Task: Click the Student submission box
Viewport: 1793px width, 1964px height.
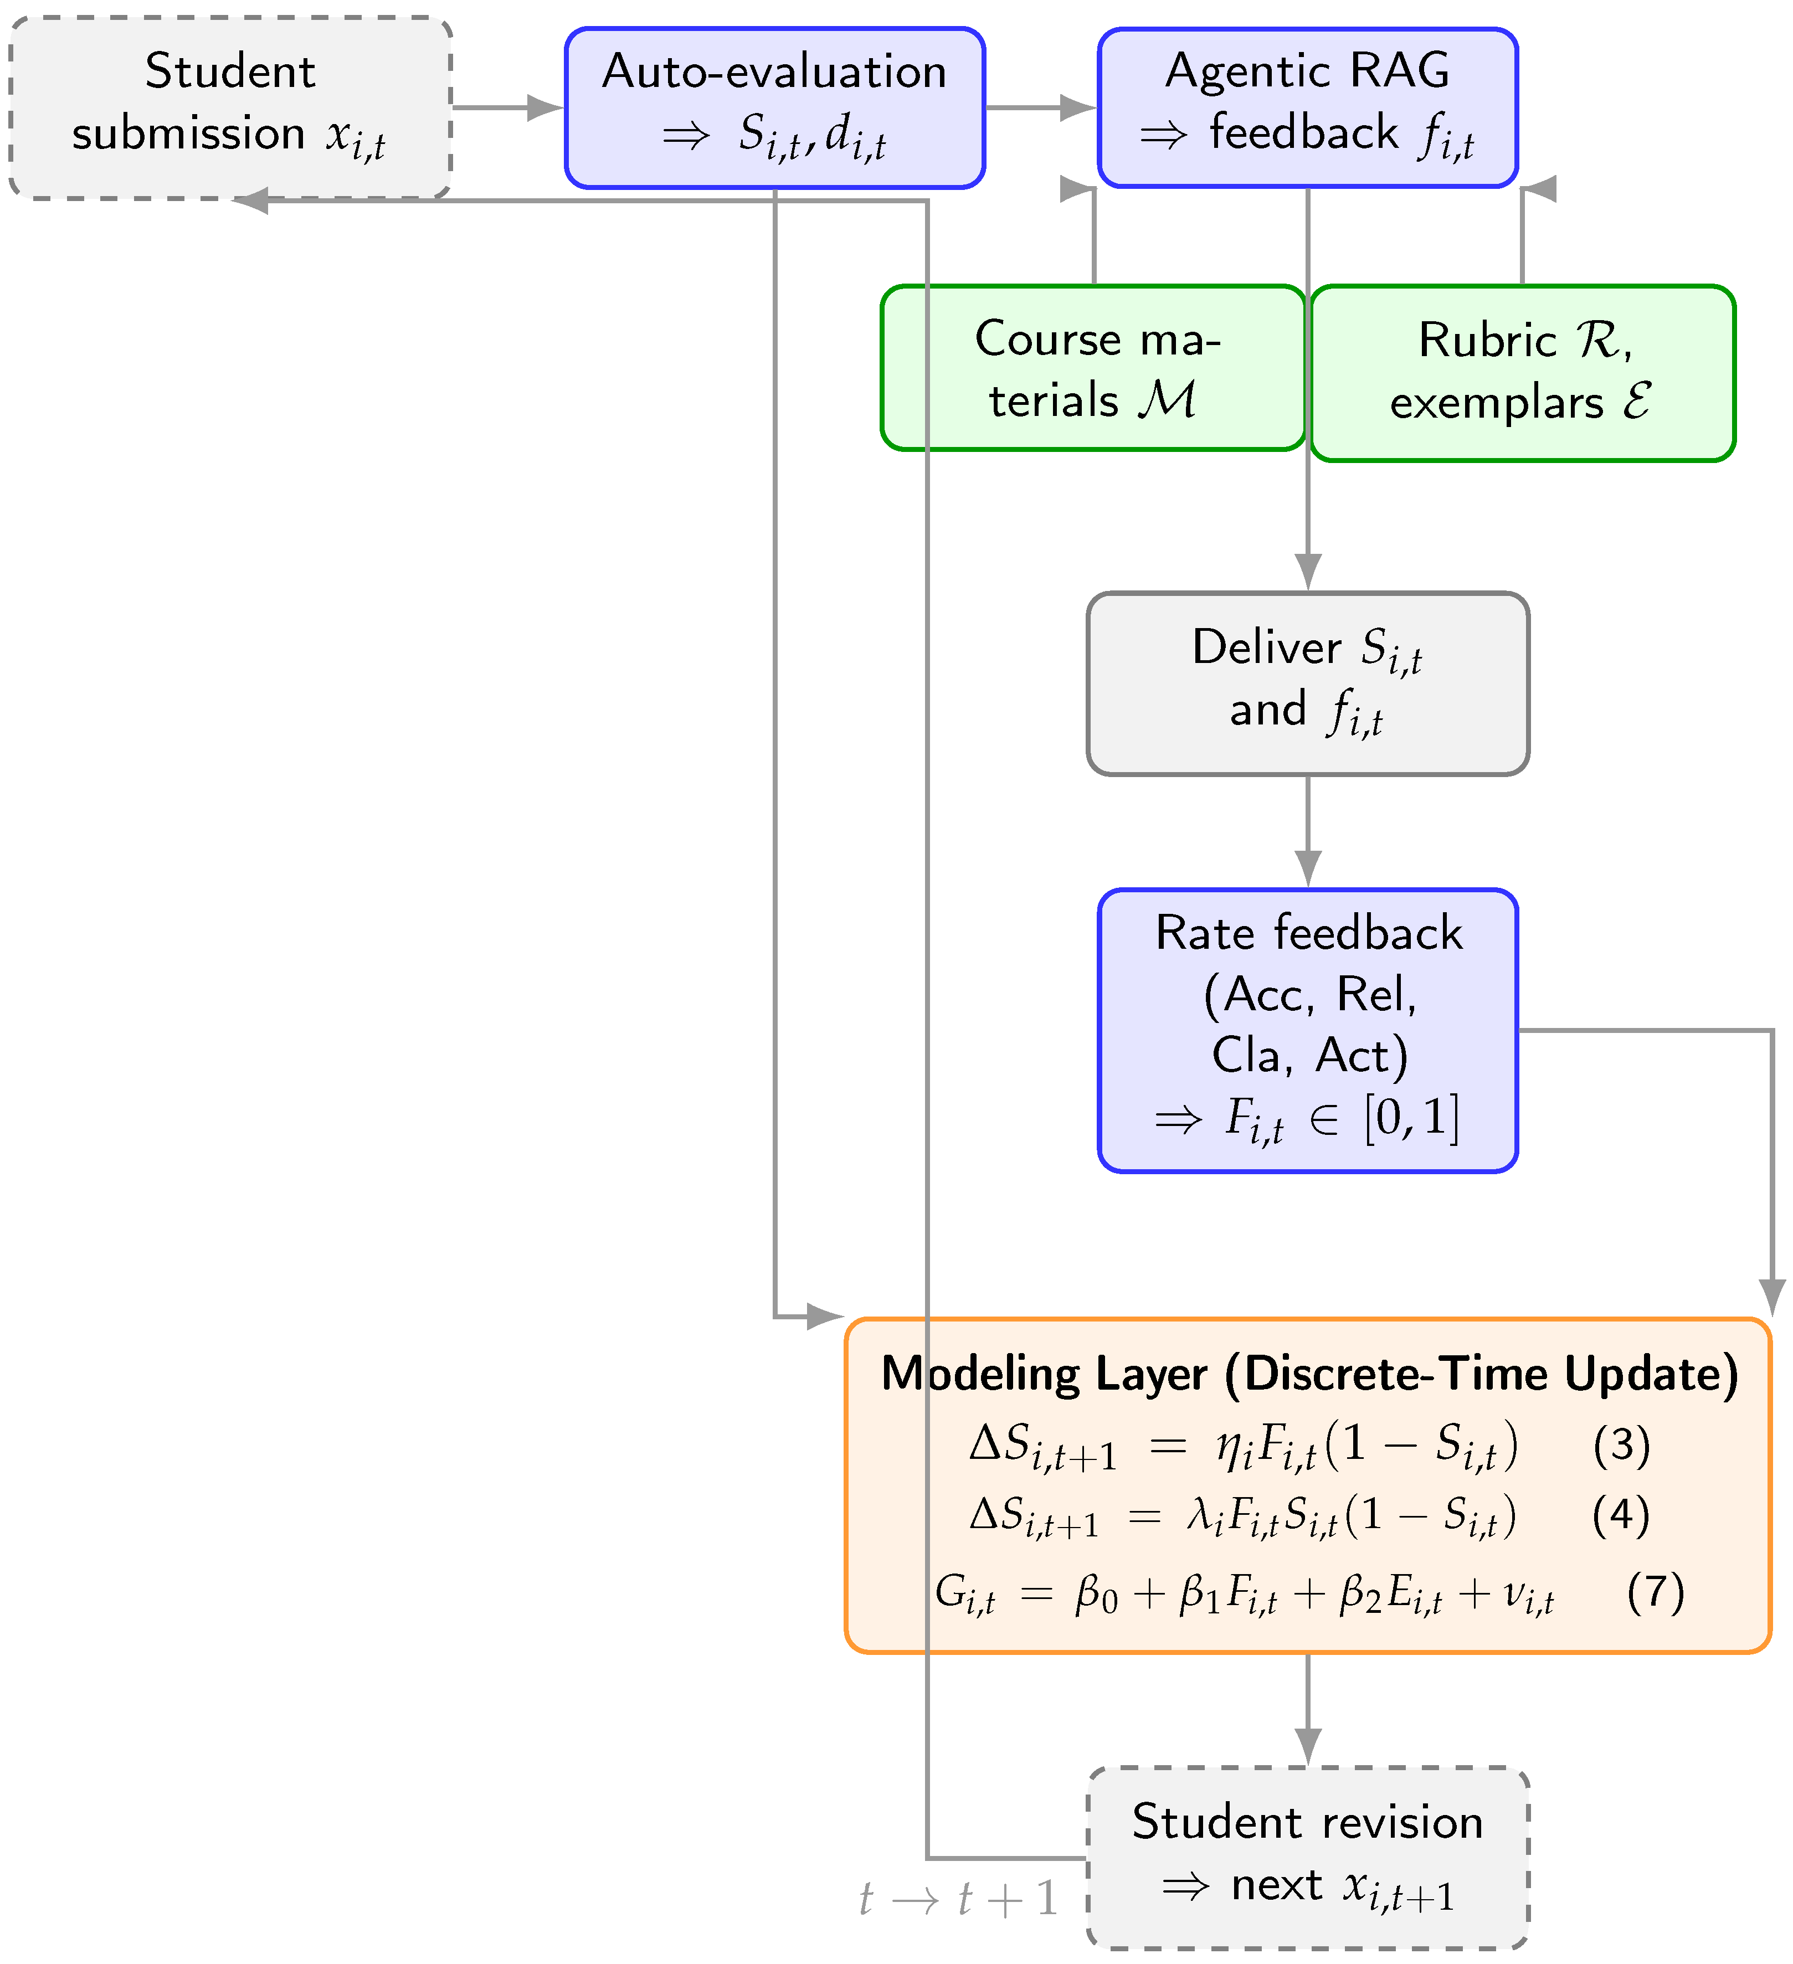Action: coord(230,107)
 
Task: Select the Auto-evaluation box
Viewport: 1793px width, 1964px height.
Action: coord(775,107)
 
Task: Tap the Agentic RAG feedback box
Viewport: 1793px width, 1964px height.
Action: coord(1308,107)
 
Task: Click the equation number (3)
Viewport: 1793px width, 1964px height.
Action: coord(1621,1444)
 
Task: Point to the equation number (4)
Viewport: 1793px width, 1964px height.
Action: coord(1621,1515)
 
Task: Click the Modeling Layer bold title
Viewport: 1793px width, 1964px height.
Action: coord(1309,1374)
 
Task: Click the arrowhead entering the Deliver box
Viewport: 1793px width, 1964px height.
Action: coord(1308,571)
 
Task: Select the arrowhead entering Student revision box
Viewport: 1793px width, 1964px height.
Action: coord(1308,1746)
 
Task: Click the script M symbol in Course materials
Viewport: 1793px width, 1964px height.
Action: coord(1168,399)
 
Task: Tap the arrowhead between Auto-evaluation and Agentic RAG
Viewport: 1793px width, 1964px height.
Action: coord(1078,107)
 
